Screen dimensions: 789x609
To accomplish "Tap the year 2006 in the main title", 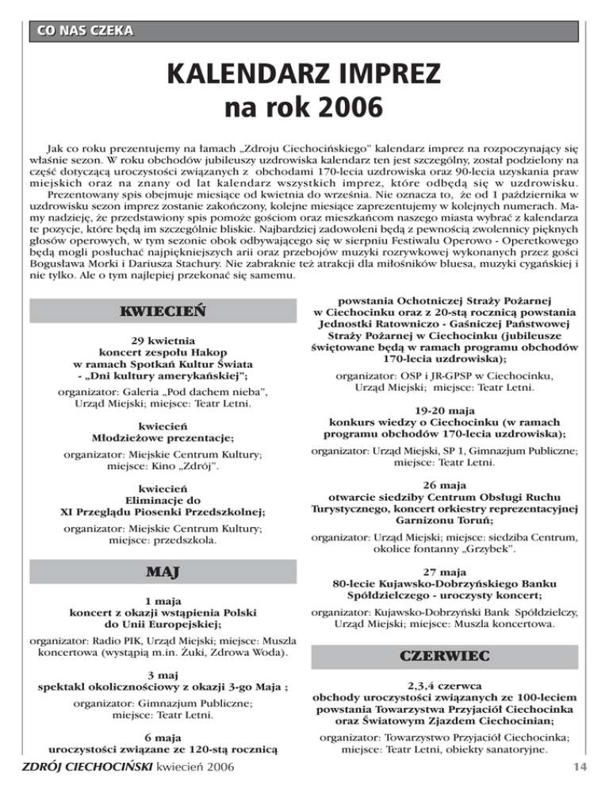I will tap(349, 106).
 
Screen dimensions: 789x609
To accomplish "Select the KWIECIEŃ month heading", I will tap(165, 310).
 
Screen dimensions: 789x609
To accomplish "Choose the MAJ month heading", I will tap(165, 572).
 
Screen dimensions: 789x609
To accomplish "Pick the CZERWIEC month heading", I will tap(443, 656).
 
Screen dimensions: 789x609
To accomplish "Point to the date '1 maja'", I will tap(166, 601).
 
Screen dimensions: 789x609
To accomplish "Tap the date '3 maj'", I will tap(167, 673).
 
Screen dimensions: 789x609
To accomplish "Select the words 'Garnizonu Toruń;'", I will tap(444, 520).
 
